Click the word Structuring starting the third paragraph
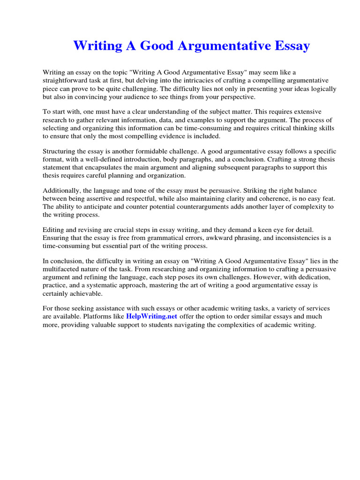point(60,151)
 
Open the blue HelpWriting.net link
point(151,316)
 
